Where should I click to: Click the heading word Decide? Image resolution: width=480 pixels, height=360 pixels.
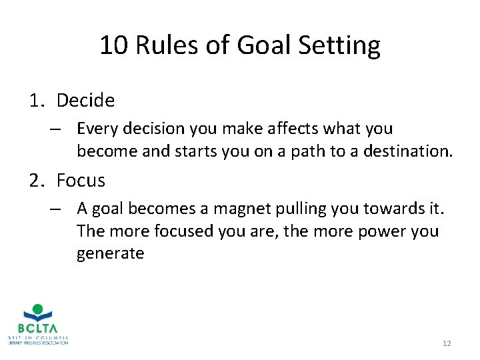click(85, 101)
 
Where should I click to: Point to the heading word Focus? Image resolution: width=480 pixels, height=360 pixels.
click(81, 180)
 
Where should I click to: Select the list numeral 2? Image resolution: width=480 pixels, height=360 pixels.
click(35, 180)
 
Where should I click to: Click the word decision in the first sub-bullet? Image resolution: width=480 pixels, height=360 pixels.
click(155, 127)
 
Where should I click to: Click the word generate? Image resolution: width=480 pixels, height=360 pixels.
click(110, 253)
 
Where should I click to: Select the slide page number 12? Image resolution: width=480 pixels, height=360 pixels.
click(447, 343)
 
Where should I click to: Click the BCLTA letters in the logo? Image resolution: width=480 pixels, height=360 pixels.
click(38, 329)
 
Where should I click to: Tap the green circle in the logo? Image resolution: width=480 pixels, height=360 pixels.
click(38, 309)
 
